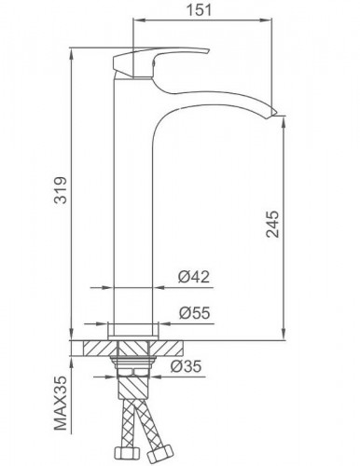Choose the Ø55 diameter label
(192, 314)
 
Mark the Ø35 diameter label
(189, 365)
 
